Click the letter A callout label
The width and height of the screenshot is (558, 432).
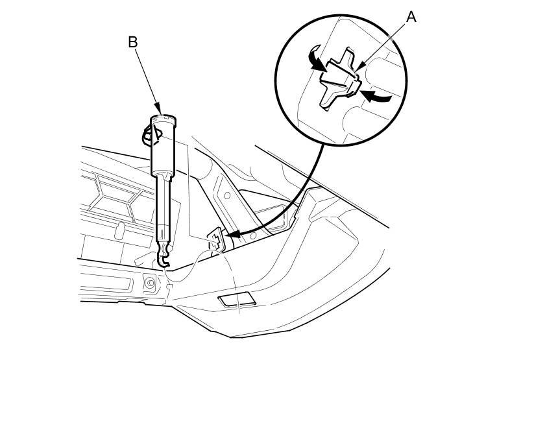411,17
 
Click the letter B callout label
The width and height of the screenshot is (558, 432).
132,42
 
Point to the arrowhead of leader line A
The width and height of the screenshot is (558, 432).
359,67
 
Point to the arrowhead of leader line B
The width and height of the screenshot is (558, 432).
158,110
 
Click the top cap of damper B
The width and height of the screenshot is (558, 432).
163,118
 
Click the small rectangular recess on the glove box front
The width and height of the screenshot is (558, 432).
236,299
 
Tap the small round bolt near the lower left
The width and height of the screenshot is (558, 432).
150,283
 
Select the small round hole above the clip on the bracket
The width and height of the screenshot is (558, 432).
227,195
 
